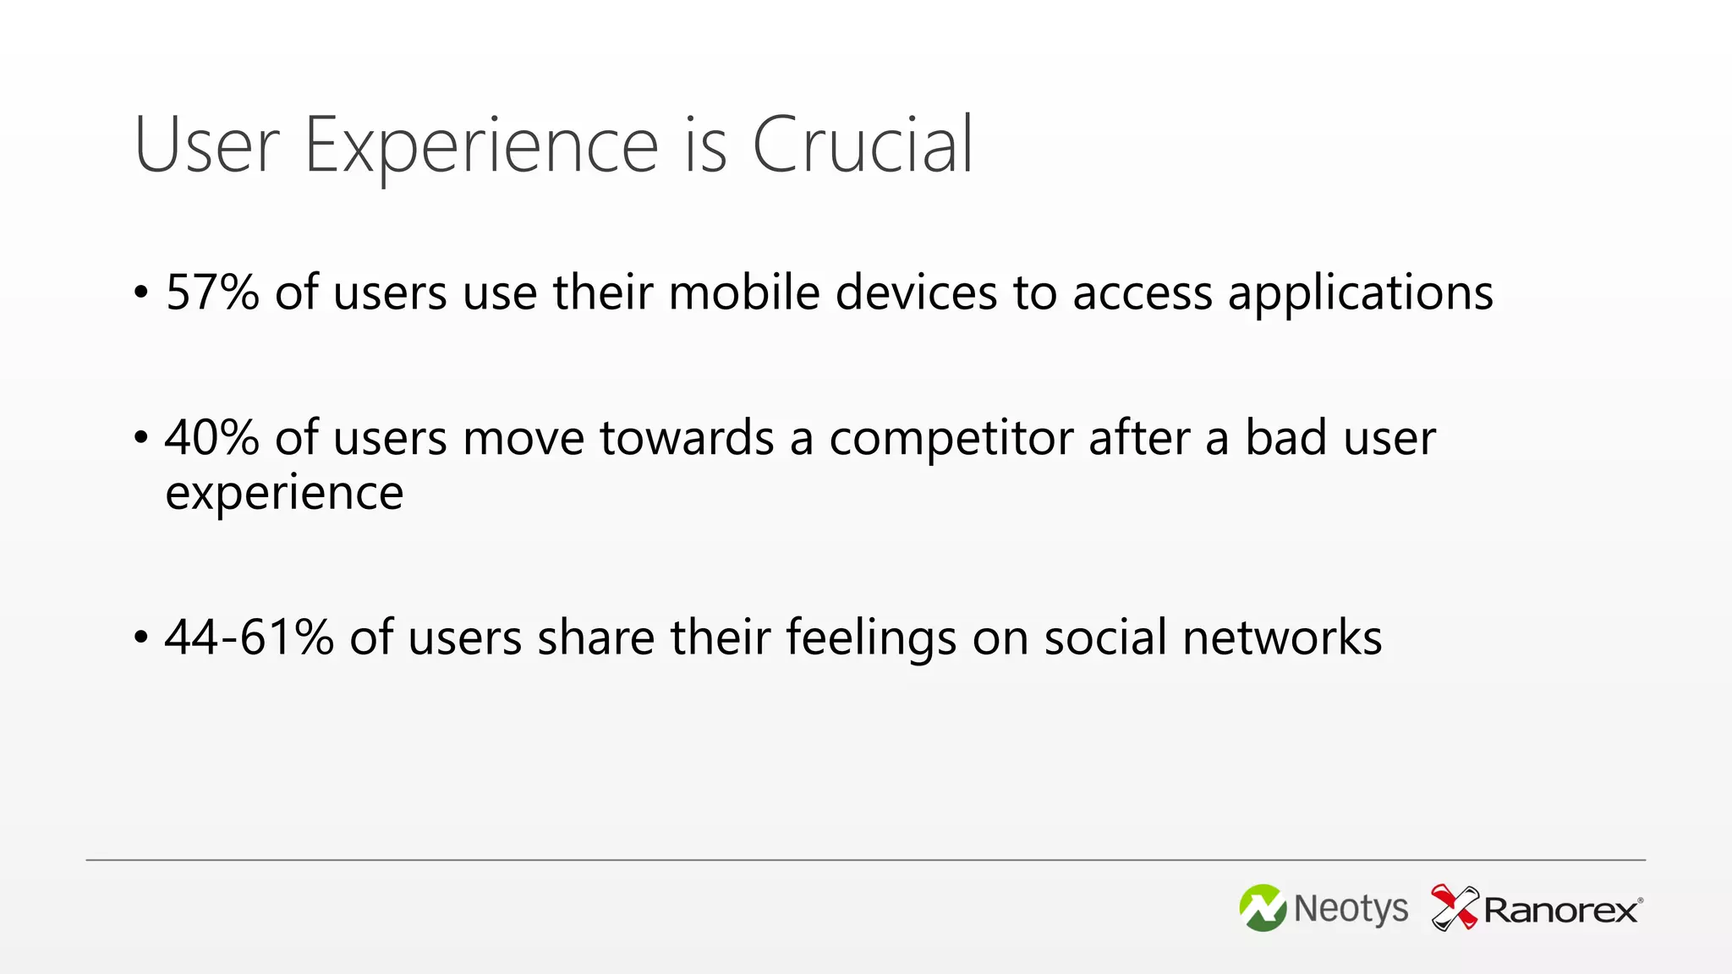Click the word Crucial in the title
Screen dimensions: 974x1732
(x=863, y=145)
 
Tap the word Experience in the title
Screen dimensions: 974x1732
(x=480, y=145)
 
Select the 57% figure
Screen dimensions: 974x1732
(x=212, y=293)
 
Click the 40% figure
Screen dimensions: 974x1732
(x=212, y=438)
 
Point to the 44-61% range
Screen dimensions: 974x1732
(x=249, y=637)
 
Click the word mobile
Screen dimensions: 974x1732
(x=744, y=293)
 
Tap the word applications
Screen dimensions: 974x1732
(x=1360, y=293)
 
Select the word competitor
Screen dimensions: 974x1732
(x=951, y=438)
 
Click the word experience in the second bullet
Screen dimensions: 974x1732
(x=284, y=493)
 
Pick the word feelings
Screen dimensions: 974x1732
(x=871, y=637)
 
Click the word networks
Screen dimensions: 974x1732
(x=1282, y=637)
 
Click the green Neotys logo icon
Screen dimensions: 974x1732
(x=1263, y=908)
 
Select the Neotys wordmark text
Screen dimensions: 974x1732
(x=1351, y=909)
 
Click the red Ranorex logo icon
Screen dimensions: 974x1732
(x=1454, y=907)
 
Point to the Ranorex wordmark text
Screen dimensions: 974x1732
(x=1561, y=911)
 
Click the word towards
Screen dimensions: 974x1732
(x=687, y=438)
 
